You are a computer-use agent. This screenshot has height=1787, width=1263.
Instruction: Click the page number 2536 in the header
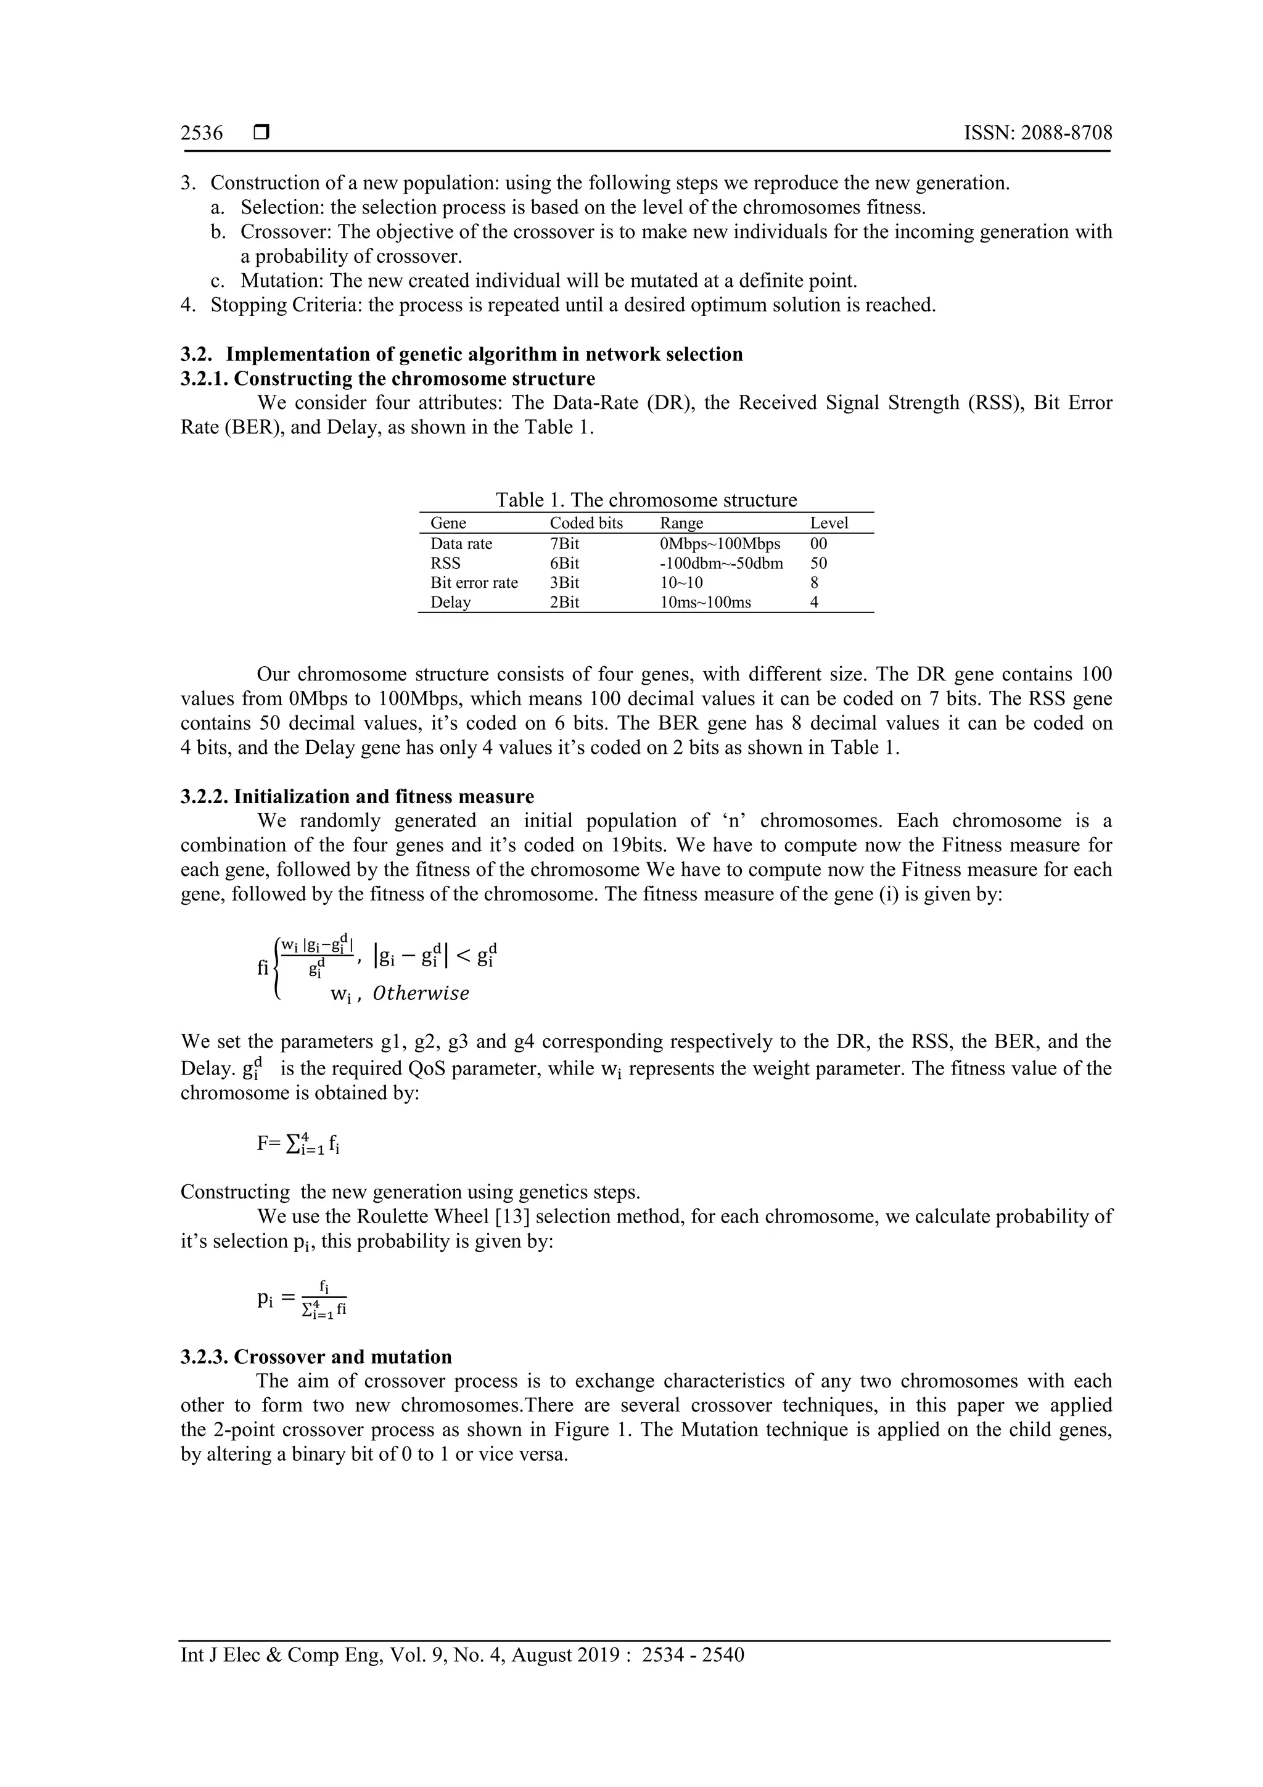click(x=202, y=133)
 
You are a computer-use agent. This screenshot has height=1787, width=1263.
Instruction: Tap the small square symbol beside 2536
click(x=261, y=133)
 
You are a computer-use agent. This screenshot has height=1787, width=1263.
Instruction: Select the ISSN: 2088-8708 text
click(x=1038, y=133)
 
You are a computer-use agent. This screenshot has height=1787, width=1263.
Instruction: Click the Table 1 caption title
click(x=646, y=500)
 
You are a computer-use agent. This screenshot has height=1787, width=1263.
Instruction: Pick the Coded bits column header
click(x=586, y=523)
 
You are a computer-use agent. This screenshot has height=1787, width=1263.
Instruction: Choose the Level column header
click(x=829, y=523)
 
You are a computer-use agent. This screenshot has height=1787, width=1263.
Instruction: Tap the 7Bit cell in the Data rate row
click(x=564, y=544)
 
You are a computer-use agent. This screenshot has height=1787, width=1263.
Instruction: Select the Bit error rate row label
click(x=474, y=583)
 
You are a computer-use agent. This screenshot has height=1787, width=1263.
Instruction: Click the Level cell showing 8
click(x=814, y=583)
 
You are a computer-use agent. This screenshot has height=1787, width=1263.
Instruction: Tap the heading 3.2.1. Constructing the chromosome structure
click(x=387, y=379)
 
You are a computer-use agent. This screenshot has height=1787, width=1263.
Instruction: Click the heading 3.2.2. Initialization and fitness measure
click(x=357, y=796)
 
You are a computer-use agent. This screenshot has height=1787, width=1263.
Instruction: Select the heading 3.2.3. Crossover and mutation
click(x=316, y=1356)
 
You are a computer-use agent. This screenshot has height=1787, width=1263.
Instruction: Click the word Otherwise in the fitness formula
click(x=421, y=994)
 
